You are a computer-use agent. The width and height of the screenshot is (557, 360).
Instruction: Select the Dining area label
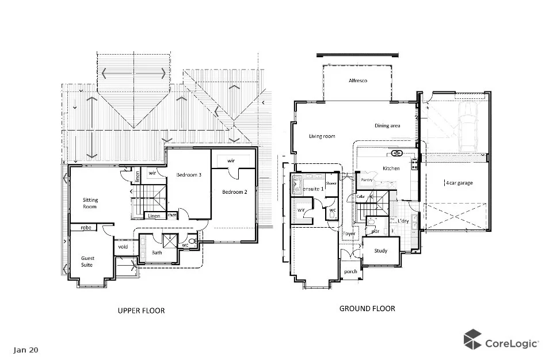pos(387,126)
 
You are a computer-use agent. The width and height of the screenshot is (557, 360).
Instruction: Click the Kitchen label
pos(391,168)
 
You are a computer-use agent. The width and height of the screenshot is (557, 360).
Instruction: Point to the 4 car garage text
pos(459,183)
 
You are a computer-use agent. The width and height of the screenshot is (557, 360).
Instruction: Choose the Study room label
pos(380,251)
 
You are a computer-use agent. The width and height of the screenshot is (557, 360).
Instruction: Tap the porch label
pos(350,271)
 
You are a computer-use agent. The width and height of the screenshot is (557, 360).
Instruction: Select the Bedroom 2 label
pos(235,192)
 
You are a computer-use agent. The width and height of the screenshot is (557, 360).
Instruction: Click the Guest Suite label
pos(87,262)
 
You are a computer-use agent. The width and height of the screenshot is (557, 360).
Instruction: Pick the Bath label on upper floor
pos(157,252)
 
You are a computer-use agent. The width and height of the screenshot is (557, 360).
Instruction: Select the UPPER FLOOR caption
pos(141,311)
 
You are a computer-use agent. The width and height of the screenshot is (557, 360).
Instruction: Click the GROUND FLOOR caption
pos(367,309)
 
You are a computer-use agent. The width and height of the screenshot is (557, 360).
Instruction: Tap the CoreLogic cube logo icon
pos(472,339)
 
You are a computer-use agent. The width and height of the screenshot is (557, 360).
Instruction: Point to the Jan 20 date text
pos(26,349)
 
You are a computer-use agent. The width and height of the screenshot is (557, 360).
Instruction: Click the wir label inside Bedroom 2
pos(231,160)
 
